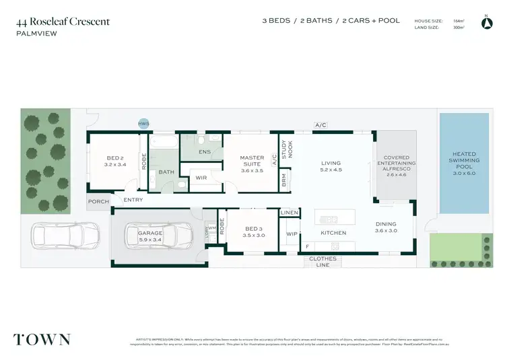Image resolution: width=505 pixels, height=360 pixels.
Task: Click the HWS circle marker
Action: click(x=143, y=124)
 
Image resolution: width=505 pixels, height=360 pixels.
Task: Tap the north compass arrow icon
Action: click(x=487, y=24)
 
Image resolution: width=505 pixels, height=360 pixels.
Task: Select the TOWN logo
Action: click(x=42, y=338)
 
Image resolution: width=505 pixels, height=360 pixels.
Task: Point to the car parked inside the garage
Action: click(x=156, y=236)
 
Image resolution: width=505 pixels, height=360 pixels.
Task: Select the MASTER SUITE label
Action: click(x=252, y=161)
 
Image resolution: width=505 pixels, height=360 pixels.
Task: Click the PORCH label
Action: click(x=98, y=201)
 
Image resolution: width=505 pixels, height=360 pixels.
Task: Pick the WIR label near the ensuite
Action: click(x=201, y=178)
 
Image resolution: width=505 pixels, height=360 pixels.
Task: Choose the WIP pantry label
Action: click(x=292, y=234)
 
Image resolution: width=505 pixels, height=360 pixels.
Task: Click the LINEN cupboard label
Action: click(x=289, y=213)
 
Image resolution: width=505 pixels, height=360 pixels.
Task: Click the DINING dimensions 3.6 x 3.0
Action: click(x=386, y=231)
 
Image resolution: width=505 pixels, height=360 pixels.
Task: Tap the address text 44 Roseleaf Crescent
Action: click(x=63, y=22)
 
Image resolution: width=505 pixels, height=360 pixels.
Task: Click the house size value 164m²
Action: click(x=459, y=21)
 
